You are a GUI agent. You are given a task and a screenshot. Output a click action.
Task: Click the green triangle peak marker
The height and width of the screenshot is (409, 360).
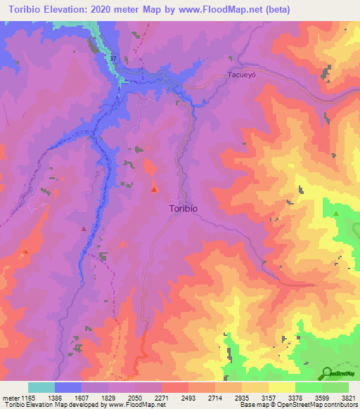pyautogui.click(x=336, y=213)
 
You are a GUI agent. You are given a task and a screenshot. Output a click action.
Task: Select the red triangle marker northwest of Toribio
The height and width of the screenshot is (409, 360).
pyautogui.click(x=154, y=189)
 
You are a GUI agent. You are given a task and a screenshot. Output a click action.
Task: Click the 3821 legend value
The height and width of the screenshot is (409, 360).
pyautogui.click(x=348, y=398)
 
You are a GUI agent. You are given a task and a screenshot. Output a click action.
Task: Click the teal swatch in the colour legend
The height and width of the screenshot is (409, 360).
pyautogui.click(x=41, y=387)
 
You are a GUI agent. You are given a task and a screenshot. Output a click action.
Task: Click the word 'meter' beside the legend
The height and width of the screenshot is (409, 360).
pyautogui.click(x=10, y=398)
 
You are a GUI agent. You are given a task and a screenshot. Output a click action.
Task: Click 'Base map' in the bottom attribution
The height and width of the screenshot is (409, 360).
pyautogui.click(x=252, y=405)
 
